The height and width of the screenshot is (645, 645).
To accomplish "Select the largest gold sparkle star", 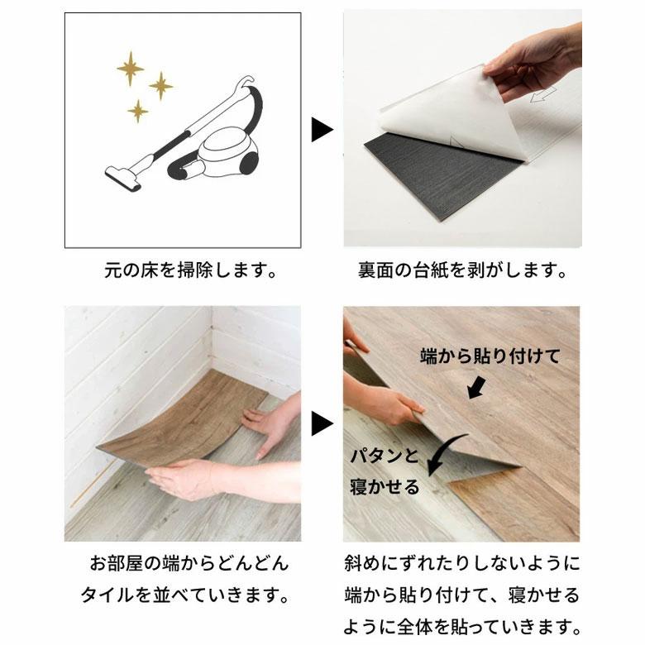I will tap(130, 69).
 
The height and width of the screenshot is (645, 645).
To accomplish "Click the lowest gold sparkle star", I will tap(138, 111).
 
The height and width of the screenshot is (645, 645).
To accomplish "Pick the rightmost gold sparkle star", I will tap(161, 84).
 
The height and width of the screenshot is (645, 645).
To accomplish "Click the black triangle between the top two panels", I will tap(321, 130).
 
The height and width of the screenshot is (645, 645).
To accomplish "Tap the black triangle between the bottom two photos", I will tap(321, 424).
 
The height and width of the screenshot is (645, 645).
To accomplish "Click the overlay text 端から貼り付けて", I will tap(490, 356).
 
